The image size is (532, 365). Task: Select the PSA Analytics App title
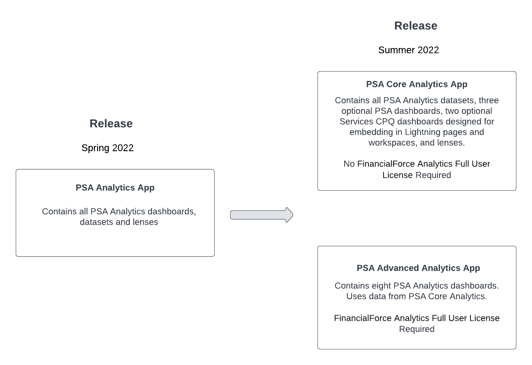tap(115, 188)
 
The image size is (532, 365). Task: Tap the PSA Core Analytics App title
tap(416, 85)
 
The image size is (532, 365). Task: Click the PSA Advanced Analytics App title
tap(418, 268)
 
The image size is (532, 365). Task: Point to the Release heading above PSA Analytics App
tap(111, 124)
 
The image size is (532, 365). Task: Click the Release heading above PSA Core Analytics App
tap(416, 26)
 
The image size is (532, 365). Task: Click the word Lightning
tap(422, 132)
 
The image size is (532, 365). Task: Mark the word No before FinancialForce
tap(349, 164)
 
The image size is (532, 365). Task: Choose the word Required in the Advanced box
tap(416, 329)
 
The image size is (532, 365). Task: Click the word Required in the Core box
tap(433, 175)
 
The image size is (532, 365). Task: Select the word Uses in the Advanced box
tap(356, 296)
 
